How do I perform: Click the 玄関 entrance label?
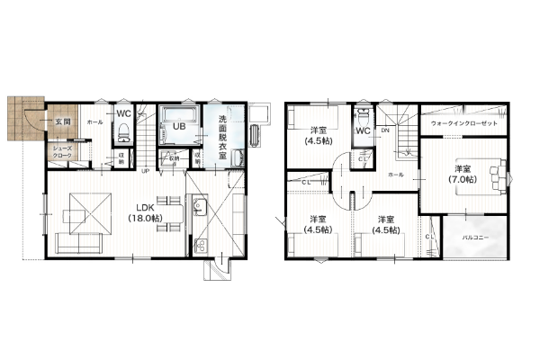62,120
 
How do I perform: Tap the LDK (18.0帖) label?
146,211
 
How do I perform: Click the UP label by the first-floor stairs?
144,169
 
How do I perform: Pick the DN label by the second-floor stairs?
385,131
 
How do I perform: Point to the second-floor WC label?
363,131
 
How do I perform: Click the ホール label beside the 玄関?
94,121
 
